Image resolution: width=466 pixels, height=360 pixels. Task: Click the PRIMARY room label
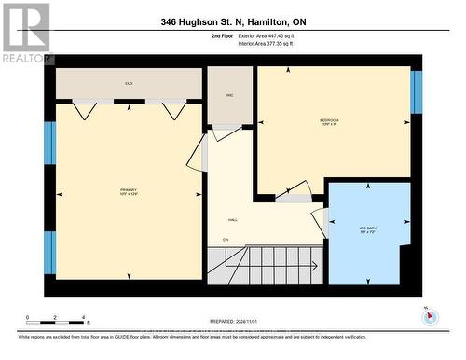tap(130, 192)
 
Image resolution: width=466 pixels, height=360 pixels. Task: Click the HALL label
tap(233, 220)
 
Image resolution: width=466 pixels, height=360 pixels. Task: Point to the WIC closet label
tap(229, 93)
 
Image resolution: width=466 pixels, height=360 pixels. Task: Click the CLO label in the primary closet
tap(129, 84)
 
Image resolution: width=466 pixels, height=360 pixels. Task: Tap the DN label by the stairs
tap(225, 241)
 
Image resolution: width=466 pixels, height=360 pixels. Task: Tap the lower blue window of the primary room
tap(49, 252)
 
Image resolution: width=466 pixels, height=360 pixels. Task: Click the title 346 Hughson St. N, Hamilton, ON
tap(232, 21)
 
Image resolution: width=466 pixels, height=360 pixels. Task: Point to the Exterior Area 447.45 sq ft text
tap(273, 35)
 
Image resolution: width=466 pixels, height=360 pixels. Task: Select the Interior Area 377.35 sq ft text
tap(272, 42)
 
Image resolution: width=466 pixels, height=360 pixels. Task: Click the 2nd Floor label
tap(224, 35)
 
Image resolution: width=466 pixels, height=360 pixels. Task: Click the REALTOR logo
tap(26, 32)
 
